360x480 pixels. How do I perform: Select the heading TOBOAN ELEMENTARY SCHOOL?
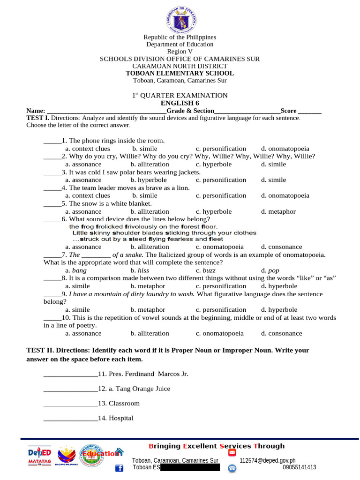pos(180,73)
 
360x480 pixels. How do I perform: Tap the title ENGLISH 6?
pos(180,103)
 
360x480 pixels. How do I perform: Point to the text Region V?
pos(180,52)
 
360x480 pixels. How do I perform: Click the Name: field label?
pos(36,111)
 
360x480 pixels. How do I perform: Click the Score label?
pos(288,111)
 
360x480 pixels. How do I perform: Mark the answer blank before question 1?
pos(52,141)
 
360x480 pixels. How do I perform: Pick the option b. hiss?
pos(140,270)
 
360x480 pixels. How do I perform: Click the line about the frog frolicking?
pos(143,226)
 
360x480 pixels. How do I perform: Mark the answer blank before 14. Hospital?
pos(70,419)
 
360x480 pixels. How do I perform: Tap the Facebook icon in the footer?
pos(119,468)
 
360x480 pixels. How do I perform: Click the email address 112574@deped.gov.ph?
pos(267,461)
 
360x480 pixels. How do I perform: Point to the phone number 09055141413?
pos(299,467)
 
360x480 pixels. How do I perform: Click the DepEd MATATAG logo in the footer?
pos(39,456)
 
